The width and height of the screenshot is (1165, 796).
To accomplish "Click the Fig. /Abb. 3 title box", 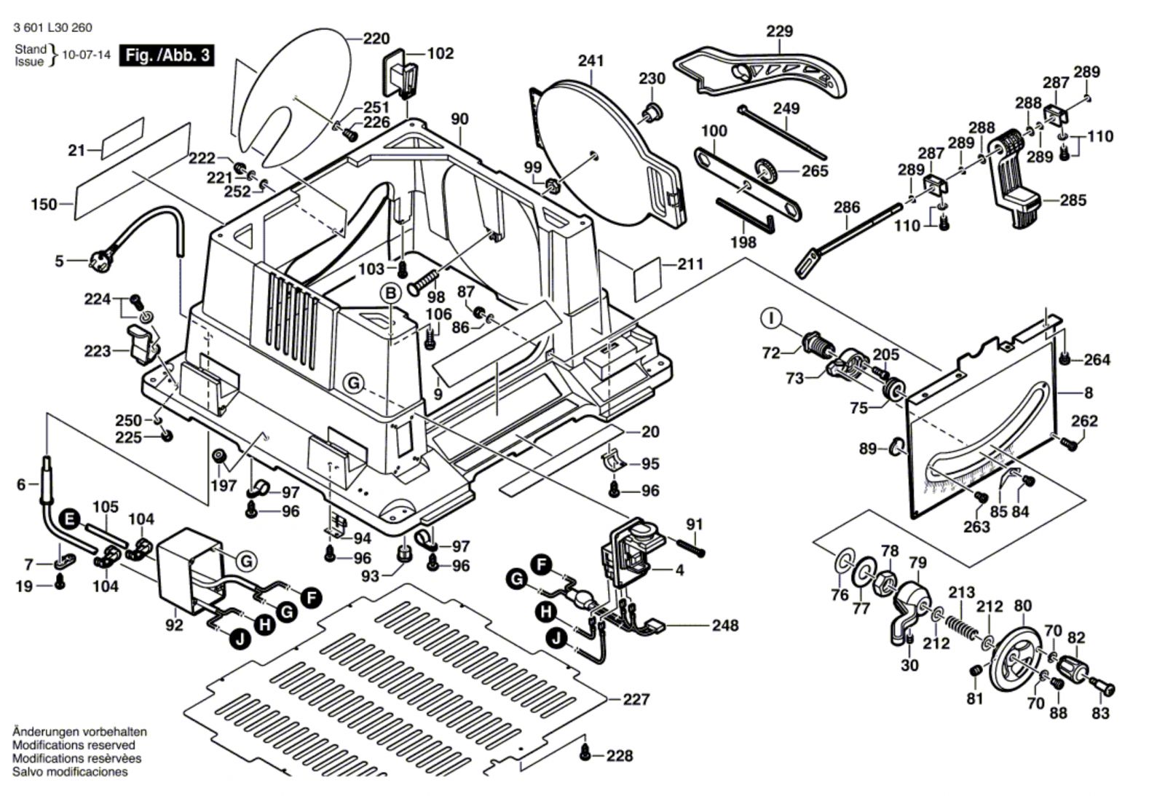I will pyautogui.click(x=167, y=55).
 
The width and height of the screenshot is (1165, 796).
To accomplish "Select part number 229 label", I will pyautogui.click(x=779, y=31).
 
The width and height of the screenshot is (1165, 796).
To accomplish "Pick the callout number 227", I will pyautogui.click(x=636, y=699).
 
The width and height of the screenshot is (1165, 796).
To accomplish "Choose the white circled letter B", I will pyautogui.click(x=391, y=293).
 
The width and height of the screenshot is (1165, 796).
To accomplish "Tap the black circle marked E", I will pyautogui.click(x=70, y=519).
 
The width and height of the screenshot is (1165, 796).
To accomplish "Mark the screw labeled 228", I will pyautogui.click(x=584, y=754).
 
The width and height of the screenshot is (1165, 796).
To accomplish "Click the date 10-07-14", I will pyautogui.click(x=87, y=55).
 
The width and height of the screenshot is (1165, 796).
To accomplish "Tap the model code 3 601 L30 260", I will pyautogui.click(x=52, y=28).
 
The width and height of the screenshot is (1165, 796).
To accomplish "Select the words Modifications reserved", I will pyautogui.click(x=74, y=745).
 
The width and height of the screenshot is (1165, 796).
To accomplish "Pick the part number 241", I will pyautogui.click(x=591, y=60).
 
